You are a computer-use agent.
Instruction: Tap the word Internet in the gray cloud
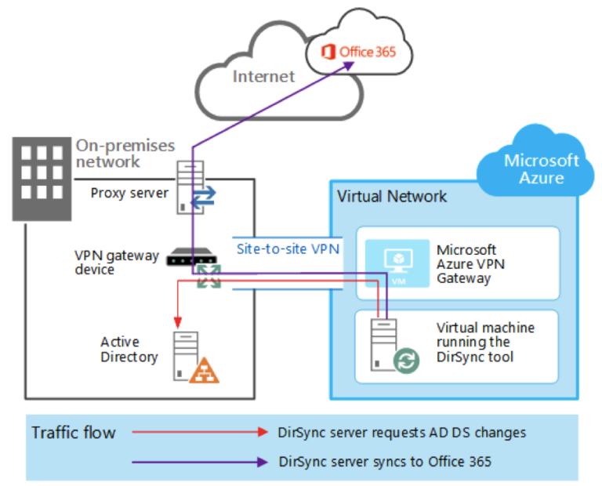click(263, 76)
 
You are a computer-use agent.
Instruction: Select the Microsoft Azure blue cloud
click(541, 168)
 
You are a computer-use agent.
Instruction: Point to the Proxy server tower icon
click(186, 187)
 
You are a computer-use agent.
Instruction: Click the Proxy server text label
click(129, 192)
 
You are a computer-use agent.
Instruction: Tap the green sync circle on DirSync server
click(405, 362)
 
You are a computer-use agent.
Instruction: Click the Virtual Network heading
click(391, 196)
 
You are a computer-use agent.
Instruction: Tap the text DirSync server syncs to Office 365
click(385, 462)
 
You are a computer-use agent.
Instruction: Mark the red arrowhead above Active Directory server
click(177, 320)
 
